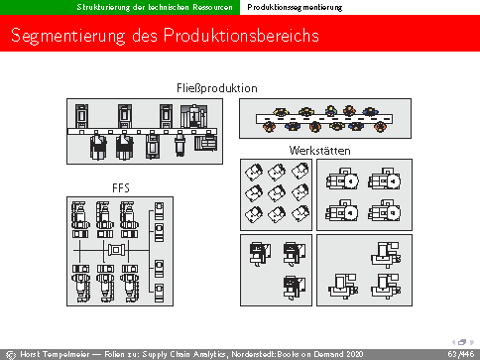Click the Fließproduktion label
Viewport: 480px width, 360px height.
[217, 88]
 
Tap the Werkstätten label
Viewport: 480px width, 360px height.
[319, 151]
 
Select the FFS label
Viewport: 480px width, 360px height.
[121, 188]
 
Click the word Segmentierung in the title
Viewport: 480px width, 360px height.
[68, 36]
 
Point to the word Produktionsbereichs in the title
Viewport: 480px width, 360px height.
[241, 35]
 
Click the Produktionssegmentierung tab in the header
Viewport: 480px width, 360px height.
[295, 7]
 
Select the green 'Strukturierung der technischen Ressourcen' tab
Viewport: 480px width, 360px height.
[155, 7]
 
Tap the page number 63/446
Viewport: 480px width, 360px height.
[461, 354]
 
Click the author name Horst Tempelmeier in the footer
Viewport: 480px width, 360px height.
[55, 354]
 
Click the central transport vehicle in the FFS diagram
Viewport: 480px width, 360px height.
[116, 250]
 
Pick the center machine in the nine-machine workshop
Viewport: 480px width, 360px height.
[277, 193]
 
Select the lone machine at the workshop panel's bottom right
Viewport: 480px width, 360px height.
[295, 287]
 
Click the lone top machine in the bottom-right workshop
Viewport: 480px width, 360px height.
[386, 255]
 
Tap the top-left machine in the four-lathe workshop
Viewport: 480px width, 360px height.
[342, 179]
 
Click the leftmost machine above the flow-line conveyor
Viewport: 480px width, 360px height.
[81, 116]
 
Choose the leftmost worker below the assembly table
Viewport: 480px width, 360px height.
[269, 127]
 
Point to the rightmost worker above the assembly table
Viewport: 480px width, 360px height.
[370, 111]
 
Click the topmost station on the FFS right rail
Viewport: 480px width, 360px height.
[159, 211]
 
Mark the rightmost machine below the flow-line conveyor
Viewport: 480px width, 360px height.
[205, 143]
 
